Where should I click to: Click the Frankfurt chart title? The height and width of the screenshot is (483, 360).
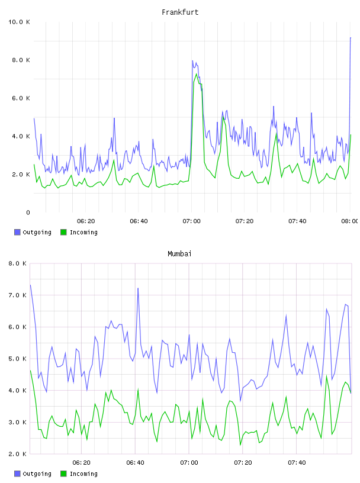click(x=180, y=12)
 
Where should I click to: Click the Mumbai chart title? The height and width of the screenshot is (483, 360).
click(x=179, y=254)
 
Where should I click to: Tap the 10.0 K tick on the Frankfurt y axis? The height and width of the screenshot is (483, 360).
click(x=19, y=22)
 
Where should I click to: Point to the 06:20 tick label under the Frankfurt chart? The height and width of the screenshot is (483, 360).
click(x=86, y=221)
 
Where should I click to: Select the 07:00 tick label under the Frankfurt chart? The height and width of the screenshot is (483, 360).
click(x=191, y=221)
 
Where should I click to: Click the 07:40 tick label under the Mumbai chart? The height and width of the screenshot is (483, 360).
click(x=297, y=462)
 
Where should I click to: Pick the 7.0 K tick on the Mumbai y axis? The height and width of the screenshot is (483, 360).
click(x=17, y=295)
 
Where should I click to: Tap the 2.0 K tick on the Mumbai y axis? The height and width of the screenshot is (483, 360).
click(x=17, y=454)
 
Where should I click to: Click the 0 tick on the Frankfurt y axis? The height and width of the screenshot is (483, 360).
click(x=28, y=212)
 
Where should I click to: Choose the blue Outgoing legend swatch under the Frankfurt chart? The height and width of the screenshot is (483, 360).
click(x=17, y=232)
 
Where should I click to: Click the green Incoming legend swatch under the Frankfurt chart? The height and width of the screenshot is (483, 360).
click(x=63, y=232)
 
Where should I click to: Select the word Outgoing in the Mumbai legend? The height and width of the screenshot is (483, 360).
click(x=37, y=474)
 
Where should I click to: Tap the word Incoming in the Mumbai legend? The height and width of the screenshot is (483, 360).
click(x=83, y=474)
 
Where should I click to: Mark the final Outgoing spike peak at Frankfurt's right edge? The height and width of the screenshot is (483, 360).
click(x=351, y=37)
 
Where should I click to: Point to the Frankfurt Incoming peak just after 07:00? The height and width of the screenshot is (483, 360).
click(x=197, y=73)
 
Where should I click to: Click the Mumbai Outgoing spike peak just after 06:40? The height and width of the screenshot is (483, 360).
click(x=138, y=288)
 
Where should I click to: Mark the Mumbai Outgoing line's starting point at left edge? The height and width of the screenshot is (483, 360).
click(x=30, y=285)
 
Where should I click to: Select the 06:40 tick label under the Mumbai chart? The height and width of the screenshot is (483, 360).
click(x=136, y=462)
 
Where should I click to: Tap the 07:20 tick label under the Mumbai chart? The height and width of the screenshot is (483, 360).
click(x=243, y=462)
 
